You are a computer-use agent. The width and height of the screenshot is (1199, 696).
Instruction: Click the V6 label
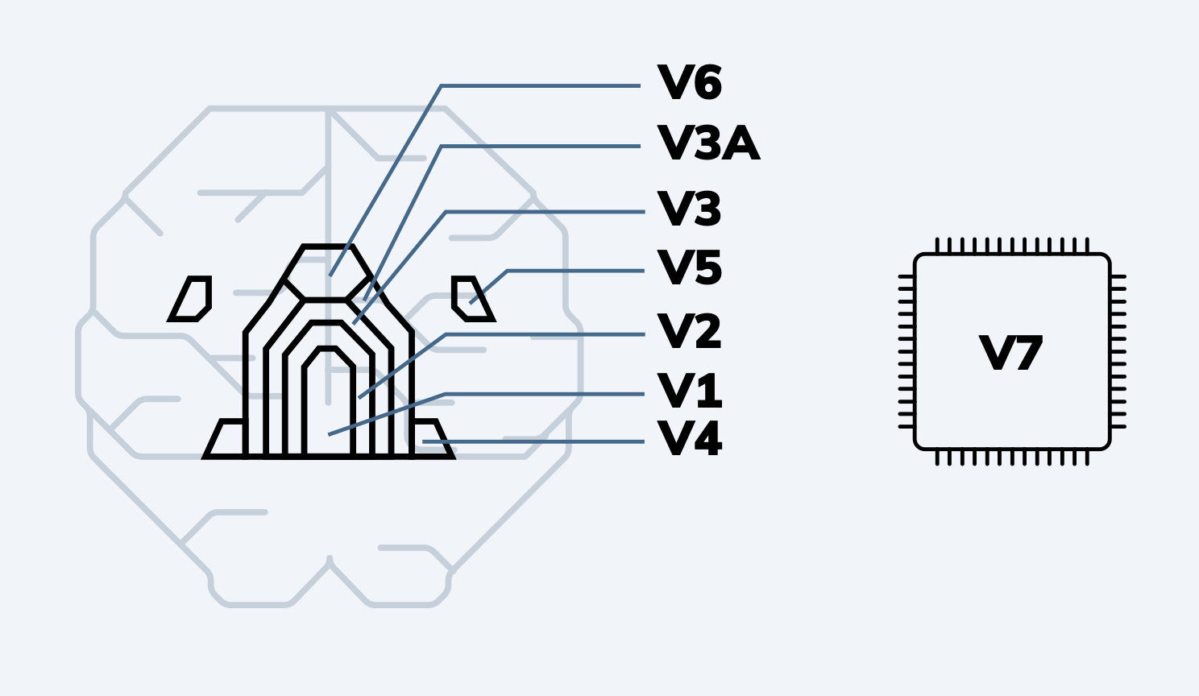click(x=689, y=83)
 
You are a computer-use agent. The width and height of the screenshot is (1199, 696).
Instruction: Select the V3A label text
click(x=708, y=144)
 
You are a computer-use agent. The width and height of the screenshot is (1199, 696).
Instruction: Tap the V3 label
click(x=689, y=209)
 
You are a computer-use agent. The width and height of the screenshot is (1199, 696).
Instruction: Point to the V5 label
click(x=689, y=267)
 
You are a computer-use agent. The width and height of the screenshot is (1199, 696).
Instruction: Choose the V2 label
click(x=689, y=331)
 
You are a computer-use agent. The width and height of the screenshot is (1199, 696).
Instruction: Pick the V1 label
click(x=689, y=391)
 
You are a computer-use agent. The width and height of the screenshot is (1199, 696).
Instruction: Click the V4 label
click(x=689, y=439)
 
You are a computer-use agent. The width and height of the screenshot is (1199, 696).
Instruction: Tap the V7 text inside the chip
click(x=1011, y=354)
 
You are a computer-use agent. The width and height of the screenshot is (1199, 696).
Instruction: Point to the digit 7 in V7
click(x=1027, y=354)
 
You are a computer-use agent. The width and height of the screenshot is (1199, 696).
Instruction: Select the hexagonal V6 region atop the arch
click(x=326, y=274)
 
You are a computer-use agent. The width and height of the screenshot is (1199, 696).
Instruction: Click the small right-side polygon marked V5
click(x=471, y=298)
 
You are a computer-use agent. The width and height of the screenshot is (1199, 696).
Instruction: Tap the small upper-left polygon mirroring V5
click(x=192, y=299)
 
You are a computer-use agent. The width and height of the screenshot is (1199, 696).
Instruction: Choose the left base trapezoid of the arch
click(x=226, y=440)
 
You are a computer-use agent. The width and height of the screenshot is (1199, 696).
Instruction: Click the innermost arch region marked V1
click(x=328, y=403)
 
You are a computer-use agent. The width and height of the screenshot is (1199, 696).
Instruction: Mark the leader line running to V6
click(x=540, y=85)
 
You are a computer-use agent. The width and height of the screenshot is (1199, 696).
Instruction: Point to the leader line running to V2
click(x=545, y=334)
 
